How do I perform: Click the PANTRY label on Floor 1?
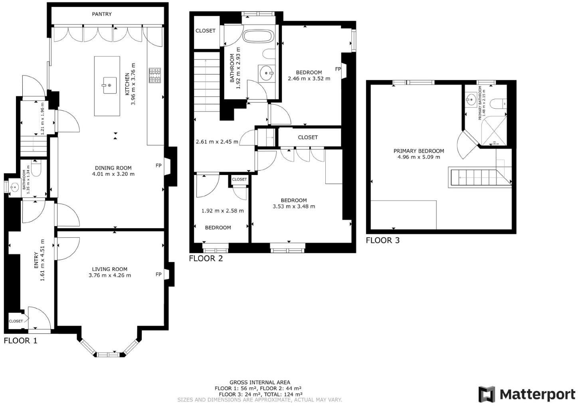click(x=102, y=14)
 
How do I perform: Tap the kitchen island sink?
click(x=109, y=85)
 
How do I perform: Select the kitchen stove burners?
click(x=155, y=76)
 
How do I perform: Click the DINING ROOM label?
click(x=113, y=168)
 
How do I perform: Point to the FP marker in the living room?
click(x=158, y=275)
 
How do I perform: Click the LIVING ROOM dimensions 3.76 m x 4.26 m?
click(x=110, y=275)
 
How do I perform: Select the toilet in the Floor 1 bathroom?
click(x=36, y=169)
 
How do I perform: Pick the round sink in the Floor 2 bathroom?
click(x=266, y=73)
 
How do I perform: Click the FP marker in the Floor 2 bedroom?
click(x=338, y=69)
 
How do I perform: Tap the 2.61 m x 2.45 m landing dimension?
click(x=217, y=142)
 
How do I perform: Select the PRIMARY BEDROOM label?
click(x=419, y=151)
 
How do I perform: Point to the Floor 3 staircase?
click(x=475, y=177)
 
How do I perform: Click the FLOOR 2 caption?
click(x=206, y=259)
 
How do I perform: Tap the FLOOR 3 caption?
click(x=382, y=241)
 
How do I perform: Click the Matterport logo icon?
click(x=487, y=394)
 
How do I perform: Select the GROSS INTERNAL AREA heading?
click(x=259, y=382)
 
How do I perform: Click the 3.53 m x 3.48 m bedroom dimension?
click(x=294, y=207)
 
